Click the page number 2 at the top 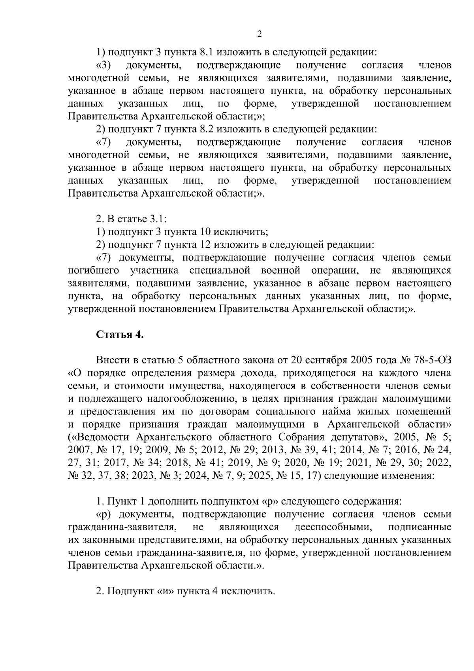[259, 34]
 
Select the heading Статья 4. [120, 335]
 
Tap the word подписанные [419, 527]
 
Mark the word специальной [220, 271]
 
